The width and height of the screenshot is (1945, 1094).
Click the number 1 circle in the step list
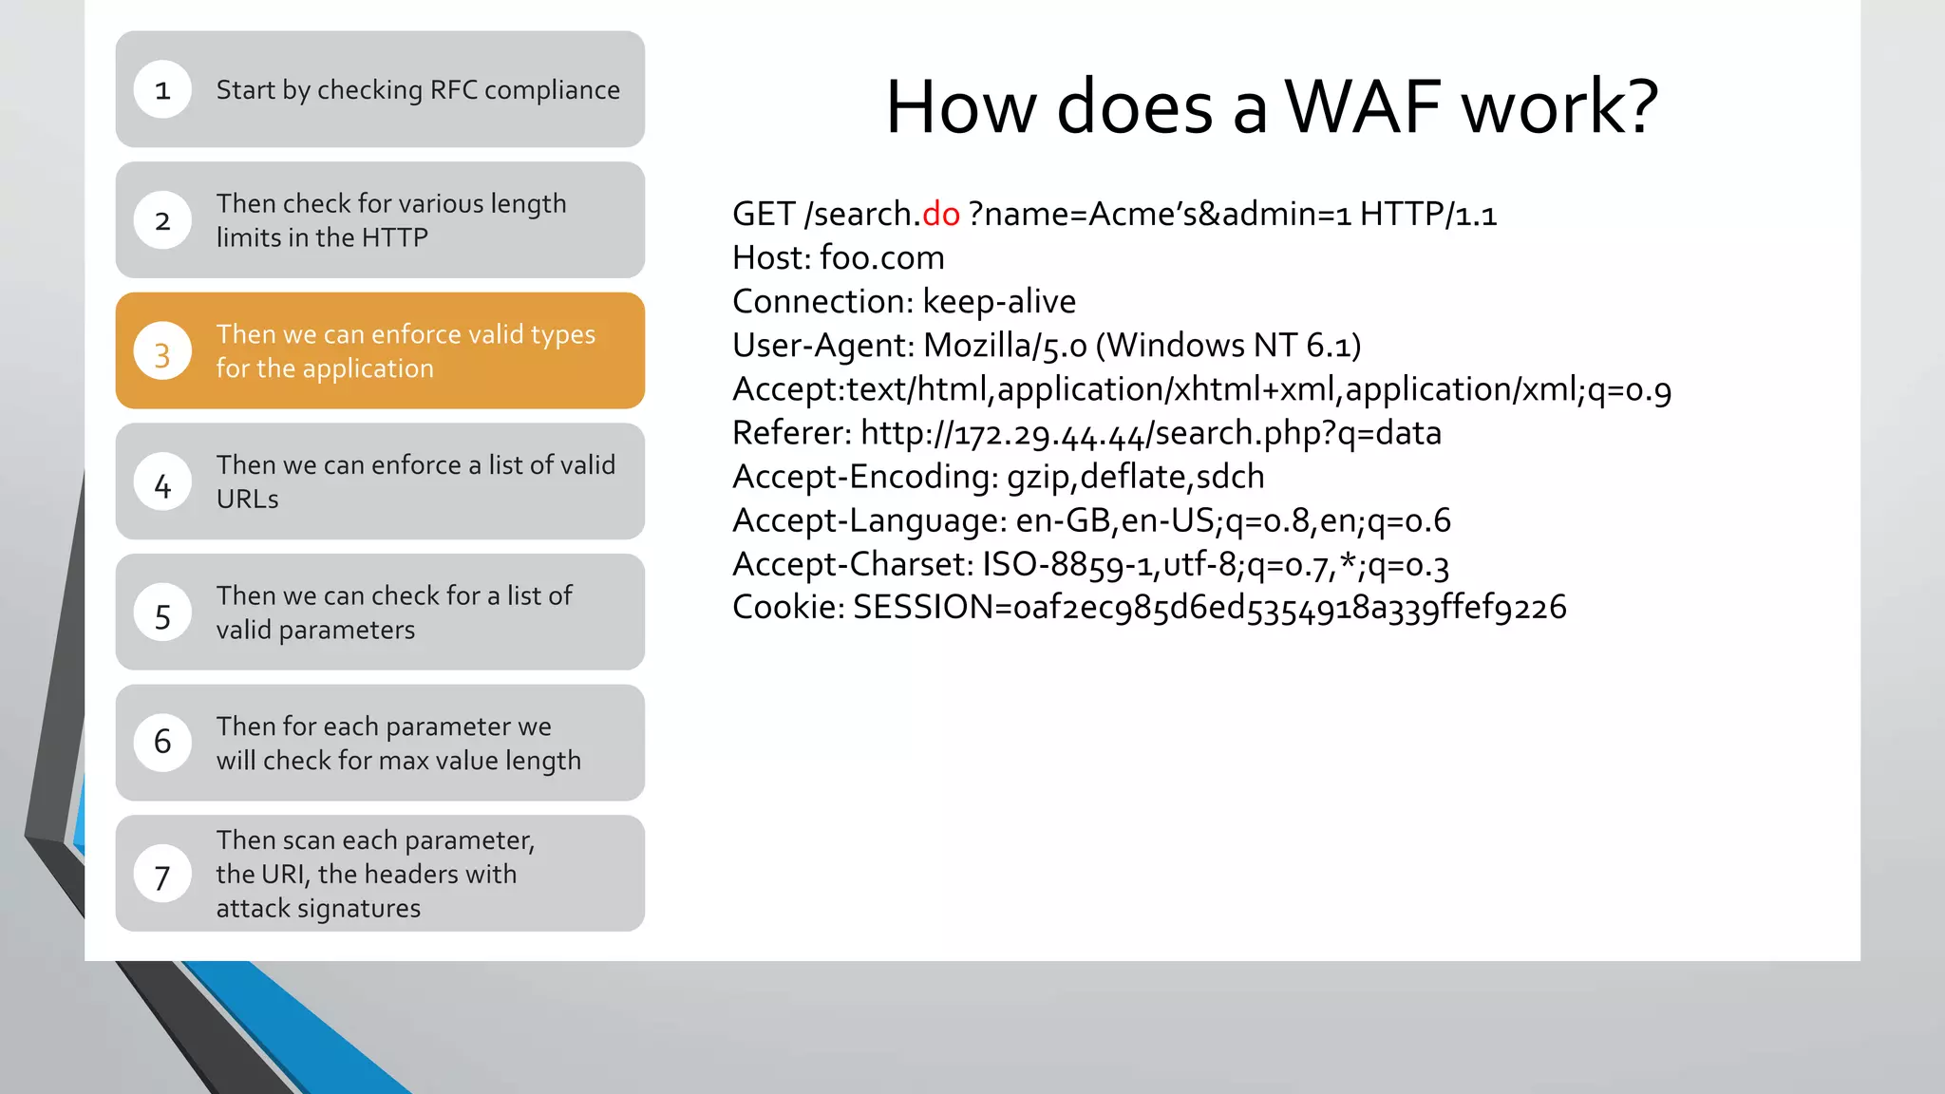162,90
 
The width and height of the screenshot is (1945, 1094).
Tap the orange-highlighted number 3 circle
162,352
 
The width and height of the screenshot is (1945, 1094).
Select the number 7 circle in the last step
162,876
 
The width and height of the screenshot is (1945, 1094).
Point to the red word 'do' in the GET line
941,215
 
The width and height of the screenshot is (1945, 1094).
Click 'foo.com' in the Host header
881,258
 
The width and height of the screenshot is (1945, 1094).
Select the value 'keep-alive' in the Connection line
999,302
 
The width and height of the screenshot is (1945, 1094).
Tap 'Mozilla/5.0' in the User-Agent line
1005,346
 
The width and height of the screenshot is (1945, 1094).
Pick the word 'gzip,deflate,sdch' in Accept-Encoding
1135,477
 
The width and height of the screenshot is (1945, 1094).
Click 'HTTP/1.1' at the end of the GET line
1427,215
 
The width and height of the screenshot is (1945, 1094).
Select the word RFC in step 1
453,90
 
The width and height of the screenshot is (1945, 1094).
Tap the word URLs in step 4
247,500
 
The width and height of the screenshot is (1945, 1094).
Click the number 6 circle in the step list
162,743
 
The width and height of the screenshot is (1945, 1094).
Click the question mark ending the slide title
1638,106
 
